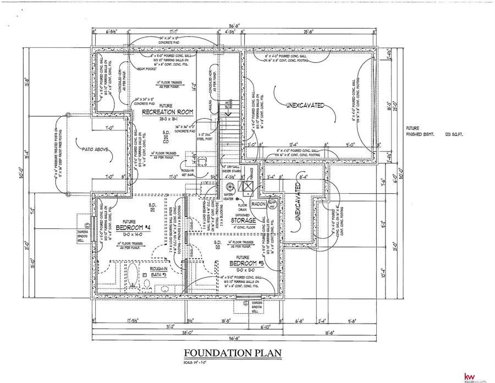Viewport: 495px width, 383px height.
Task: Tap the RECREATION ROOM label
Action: click(167, 112)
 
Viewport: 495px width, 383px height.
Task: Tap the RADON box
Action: click(258, 204)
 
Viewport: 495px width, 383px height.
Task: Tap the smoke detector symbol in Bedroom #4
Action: click(152, 206)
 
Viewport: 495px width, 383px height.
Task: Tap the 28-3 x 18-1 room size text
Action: click(168, 119)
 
